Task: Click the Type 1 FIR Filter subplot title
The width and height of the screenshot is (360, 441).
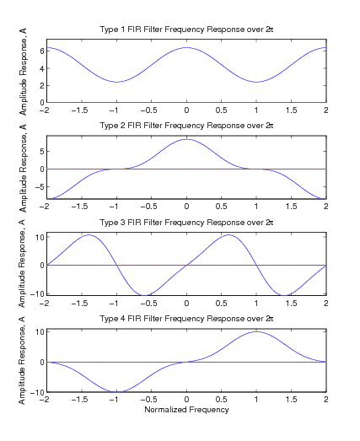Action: pos(186,30)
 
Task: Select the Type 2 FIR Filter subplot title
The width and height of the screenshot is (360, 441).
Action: pos(186,126)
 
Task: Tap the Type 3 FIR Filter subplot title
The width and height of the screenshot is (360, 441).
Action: pos(186,223)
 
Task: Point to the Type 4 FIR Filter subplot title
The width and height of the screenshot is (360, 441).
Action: pos(186,319)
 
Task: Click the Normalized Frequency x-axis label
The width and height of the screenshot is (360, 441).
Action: pos(186,410)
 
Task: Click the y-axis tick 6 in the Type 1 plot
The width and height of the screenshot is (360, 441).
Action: pos(42,51)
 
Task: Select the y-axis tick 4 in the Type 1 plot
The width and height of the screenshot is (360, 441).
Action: pos(42,68)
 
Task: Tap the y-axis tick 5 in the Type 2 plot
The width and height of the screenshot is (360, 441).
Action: pos(42,151)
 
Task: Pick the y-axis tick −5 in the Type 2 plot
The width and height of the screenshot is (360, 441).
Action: pos(40,186)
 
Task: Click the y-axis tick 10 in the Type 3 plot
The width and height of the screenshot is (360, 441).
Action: pos(40,237)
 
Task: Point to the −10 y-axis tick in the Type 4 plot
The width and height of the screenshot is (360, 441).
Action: pos(37,392)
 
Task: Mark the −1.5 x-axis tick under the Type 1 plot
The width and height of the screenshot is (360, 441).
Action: pos(79,110)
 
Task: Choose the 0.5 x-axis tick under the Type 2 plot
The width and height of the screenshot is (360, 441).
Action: pos(222,207)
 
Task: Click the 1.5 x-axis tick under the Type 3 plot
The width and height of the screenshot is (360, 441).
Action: pos(291,304)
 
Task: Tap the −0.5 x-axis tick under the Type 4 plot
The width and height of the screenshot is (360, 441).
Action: pos(149,400)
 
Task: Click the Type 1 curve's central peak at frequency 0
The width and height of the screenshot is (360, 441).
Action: pos(186,47)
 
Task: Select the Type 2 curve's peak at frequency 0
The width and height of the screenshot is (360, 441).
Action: pos(186,139)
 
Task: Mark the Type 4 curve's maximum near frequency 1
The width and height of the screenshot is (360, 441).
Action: pos(256,331)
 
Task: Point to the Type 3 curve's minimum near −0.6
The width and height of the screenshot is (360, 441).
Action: pos(144,295)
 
